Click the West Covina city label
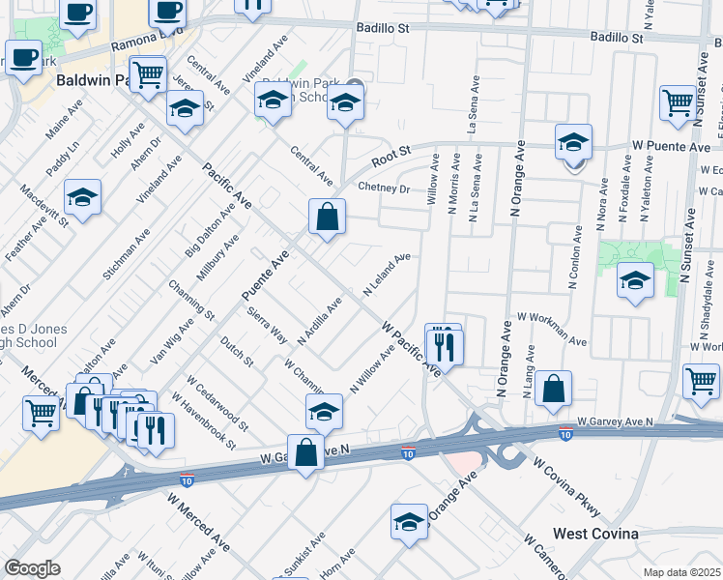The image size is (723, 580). point(594,534)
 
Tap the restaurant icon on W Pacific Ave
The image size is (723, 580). point(445,344)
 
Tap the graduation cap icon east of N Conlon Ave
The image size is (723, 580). point(634,281)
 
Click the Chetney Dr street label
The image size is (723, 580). point(384,188)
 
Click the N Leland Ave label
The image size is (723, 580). point(387,275)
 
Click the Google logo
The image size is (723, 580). point(32,568)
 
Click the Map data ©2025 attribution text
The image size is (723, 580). point(682,572)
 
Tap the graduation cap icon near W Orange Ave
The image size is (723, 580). point(409,522)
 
